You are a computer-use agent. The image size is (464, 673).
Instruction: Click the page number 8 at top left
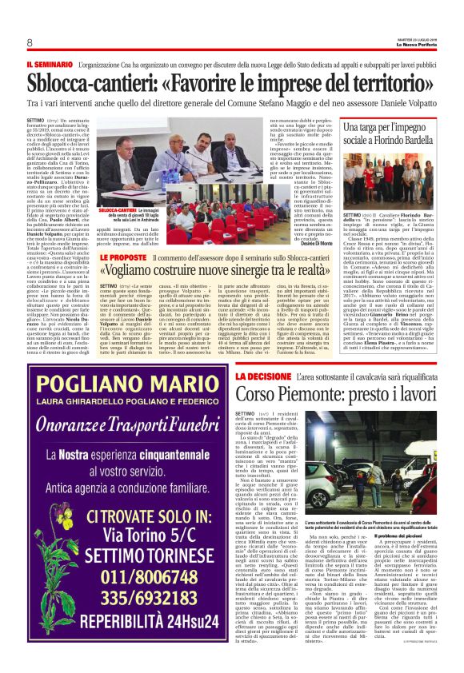click(29, 42)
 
